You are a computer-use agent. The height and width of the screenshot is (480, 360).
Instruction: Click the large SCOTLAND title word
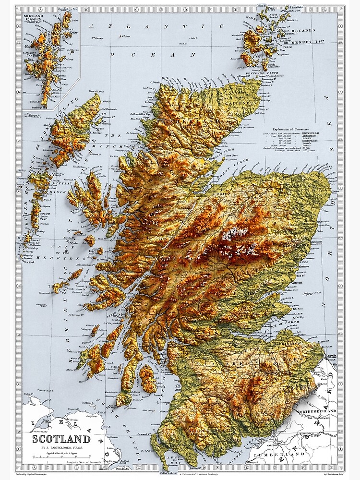pos(61,439)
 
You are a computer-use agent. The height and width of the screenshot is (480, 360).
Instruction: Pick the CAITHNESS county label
pos(245,103)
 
